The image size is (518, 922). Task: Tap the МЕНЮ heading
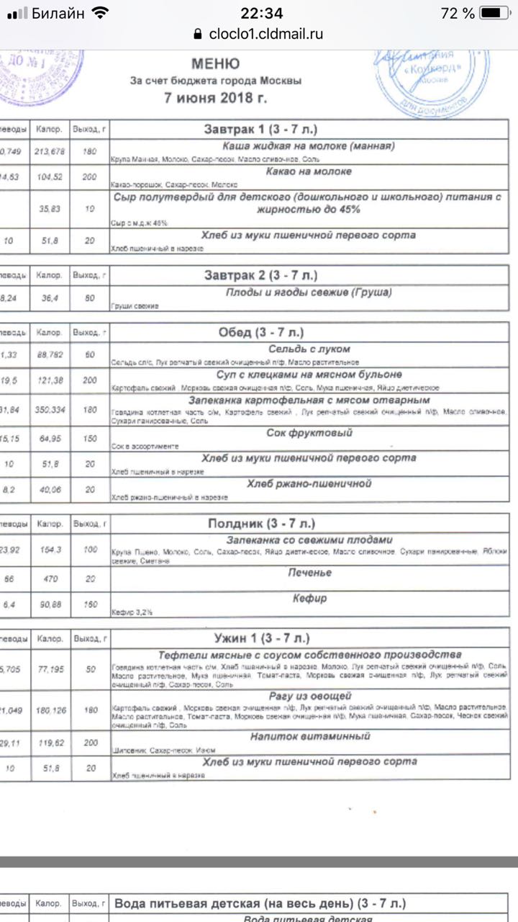(216, 63)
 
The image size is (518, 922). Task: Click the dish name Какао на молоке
(309, 171)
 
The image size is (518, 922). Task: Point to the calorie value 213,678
(50, 151)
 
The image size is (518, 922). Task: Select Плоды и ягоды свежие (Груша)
(309, 292)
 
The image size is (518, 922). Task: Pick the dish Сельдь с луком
(309, 349)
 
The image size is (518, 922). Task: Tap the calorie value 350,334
(50, 408)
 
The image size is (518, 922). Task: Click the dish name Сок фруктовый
(309, 433)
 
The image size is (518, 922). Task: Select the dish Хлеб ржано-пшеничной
(309, 483)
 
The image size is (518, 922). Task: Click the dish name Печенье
(309, 573)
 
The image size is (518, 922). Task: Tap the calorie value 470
(50, 578)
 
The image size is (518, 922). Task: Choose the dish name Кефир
(309, 598)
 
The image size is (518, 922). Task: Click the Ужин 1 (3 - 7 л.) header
(262, 638)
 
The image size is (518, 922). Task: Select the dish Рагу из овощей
(309, 696)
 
